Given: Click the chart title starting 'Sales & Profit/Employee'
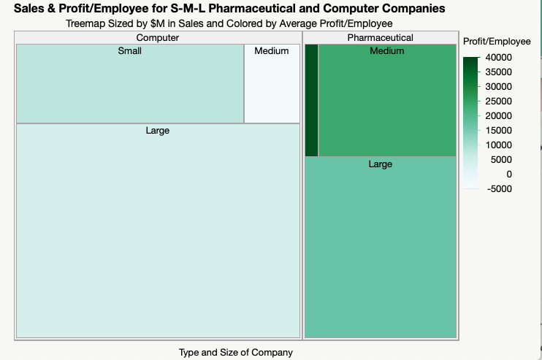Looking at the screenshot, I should [229, 9].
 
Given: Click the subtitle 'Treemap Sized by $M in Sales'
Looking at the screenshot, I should [229, 23].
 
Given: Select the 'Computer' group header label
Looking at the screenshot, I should [158, 37].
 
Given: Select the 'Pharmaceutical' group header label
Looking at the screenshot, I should [380, 37].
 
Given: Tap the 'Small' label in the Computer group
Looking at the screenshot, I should [130, 51].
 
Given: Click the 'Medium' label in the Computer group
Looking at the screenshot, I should [272, 51].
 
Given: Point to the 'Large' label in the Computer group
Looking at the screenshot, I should [158, 131].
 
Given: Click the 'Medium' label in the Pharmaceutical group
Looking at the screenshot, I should [387, 51].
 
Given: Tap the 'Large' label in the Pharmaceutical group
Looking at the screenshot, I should [381, 164].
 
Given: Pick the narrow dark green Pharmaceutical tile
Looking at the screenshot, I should [311, 100].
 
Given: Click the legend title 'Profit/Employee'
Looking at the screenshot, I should [497, 42].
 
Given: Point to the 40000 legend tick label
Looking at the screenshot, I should [499, 58].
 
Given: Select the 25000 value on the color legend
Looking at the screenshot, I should [499, 102].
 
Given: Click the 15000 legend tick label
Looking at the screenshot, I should [499, 131].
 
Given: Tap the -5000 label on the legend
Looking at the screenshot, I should [499, 189].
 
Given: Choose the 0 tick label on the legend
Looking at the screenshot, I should [509, 175].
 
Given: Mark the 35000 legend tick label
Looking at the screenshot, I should [499, 72].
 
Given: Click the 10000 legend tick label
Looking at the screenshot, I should [499, 145].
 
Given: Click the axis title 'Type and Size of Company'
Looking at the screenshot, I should [236, 353].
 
